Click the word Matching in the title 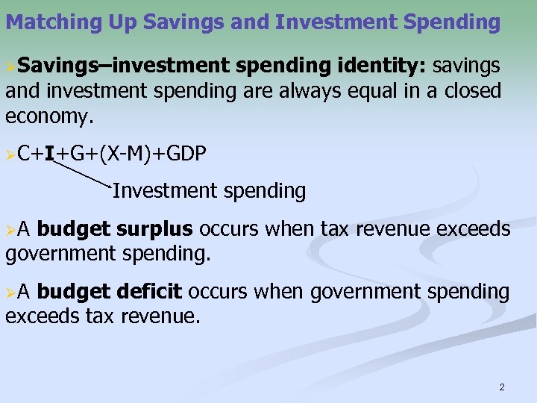(45, 22)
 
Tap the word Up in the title (102, 22)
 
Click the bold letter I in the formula (48, 154)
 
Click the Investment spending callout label (209, 191)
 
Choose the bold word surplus (154, 229)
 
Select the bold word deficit (154, 292)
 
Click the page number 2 (502, 387)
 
